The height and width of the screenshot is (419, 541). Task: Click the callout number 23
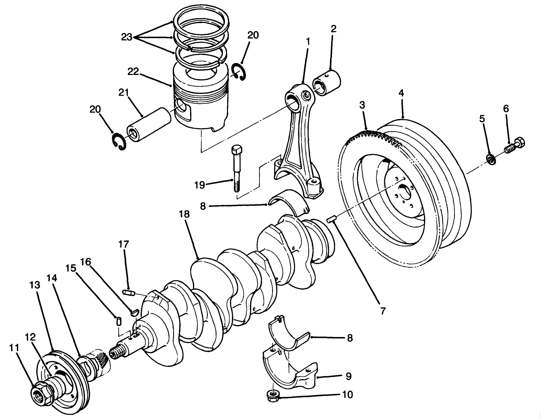click(126, 37)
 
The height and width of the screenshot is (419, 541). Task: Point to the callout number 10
click(347, 395)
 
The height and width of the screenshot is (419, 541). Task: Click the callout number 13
click(35, 285)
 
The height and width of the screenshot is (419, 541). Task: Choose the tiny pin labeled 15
click(119, 321)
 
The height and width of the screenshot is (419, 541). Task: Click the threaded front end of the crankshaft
click(117, 353)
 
